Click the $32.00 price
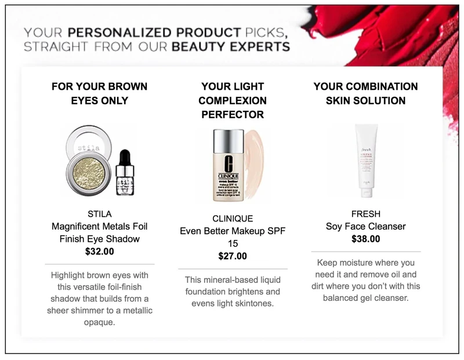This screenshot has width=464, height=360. tap(100, 252)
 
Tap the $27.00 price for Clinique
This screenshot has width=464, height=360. tap(232, 256)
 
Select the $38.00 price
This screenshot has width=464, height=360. tap(365, 238)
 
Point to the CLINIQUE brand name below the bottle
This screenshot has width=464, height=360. tap(232, 219)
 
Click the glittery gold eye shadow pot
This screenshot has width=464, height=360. tap(88, 169)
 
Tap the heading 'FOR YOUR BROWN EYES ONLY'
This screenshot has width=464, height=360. tap(100, 93)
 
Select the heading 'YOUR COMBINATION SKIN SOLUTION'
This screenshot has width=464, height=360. tap(365, 93)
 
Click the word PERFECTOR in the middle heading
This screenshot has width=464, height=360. tap(232, 115)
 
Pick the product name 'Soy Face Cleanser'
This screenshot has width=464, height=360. tap(365, 226)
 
